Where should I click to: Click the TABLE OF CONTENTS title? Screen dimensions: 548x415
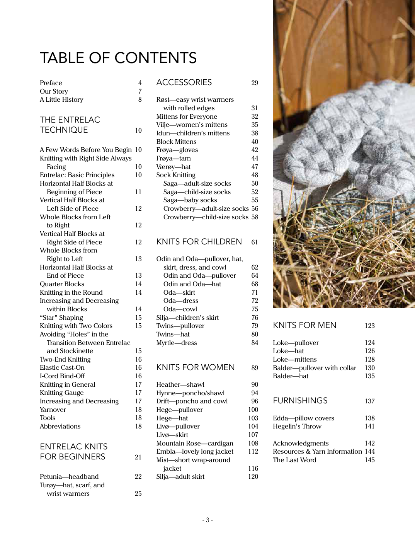118,58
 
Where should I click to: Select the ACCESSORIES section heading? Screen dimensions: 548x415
184,82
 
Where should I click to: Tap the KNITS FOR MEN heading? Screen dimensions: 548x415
304,325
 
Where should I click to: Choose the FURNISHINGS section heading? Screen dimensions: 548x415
300,401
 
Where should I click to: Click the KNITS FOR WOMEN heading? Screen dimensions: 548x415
196,367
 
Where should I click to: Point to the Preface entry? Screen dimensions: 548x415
51,83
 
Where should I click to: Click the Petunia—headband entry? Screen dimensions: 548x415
69,476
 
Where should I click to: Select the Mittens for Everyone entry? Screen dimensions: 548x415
187,116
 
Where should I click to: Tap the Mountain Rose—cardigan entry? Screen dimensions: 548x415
195,443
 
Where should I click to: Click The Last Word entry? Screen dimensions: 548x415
294,460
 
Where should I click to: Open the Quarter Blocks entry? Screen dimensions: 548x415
62,284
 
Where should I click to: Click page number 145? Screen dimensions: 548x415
370,460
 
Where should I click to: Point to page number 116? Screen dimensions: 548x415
253,468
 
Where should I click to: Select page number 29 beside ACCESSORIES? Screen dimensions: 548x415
255,83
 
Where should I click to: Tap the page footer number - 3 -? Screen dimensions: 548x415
207,520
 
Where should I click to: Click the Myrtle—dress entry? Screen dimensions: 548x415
177,343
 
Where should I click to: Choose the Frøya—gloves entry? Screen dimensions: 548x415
177,150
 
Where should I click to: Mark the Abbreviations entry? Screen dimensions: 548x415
60,426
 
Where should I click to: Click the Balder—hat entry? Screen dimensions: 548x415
291,376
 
